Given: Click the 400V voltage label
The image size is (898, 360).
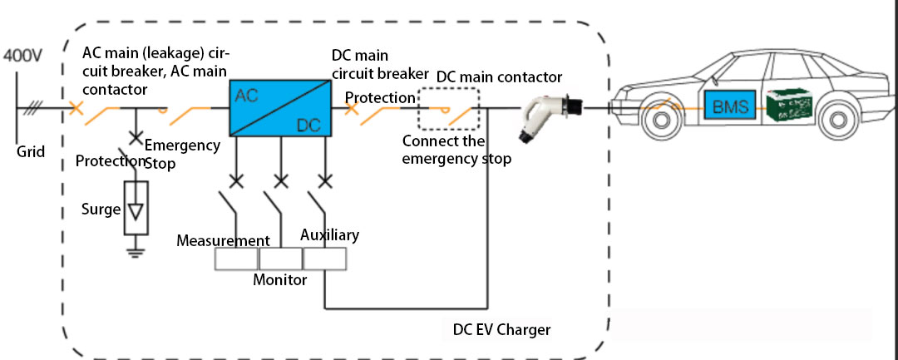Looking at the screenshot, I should point(22,57).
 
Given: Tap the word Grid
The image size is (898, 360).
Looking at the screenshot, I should point(31,152).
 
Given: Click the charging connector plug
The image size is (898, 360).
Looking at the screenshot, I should point(544,112).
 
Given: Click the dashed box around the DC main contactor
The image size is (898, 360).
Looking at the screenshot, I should point(450,108).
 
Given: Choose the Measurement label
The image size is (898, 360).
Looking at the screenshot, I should point(224,240).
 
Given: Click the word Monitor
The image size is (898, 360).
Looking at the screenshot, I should point(279,280).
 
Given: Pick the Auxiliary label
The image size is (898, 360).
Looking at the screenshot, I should point(330,235).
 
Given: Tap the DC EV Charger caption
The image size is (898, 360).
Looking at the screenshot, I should point(501,330).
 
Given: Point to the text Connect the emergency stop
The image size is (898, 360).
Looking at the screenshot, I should point(455,150).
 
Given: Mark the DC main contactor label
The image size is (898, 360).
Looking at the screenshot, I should point(499,77).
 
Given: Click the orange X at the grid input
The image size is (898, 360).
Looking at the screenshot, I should point(76,108).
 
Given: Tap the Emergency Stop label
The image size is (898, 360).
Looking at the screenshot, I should point(181,154).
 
